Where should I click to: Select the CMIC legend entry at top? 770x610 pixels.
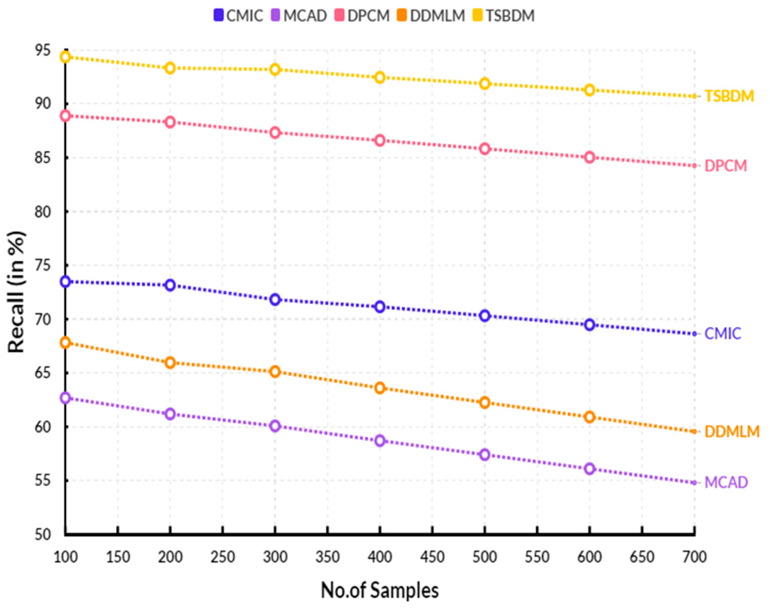(x=238, y=16)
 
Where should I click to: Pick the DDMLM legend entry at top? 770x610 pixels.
(x=431, y=16)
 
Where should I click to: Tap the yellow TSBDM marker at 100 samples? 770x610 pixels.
(x=65, y=56)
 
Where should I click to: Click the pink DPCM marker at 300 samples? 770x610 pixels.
(x=275, y=133)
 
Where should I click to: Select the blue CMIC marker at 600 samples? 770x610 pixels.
(x=590, y=325)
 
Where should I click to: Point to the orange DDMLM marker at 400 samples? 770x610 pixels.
(x=380, y=388)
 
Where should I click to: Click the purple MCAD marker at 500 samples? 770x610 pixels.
(x=485, y=455)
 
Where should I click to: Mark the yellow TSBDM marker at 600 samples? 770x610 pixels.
(x=590, y=90)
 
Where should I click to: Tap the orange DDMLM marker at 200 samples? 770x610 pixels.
(x=170, y=362)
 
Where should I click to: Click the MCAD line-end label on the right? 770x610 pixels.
(x=726, y=482)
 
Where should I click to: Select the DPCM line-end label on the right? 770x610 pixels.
(x=725, y=166)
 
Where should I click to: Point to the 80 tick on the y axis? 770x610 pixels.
(x=43, y=212)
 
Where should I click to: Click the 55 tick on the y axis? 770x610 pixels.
(x=43, y=481)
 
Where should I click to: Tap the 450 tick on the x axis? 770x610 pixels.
(x=432, y=557)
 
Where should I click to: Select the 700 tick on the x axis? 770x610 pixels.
(x=694, y=557)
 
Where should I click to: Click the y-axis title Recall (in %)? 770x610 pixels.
(x=17, y=292)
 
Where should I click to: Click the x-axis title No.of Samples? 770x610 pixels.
(x=380, y=590)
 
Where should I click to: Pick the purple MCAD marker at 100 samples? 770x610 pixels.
(x=65, y=398)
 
